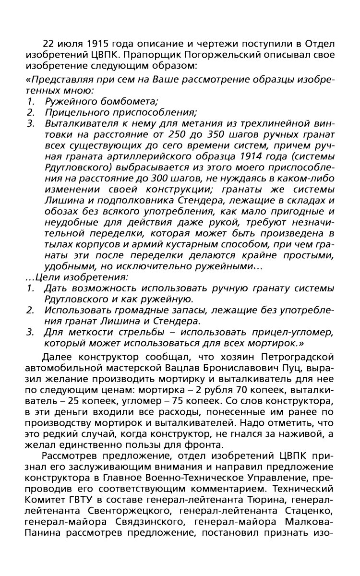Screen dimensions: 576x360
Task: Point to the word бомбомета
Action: pos(126,101)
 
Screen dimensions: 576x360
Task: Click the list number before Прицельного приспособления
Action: pos(30,113)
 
